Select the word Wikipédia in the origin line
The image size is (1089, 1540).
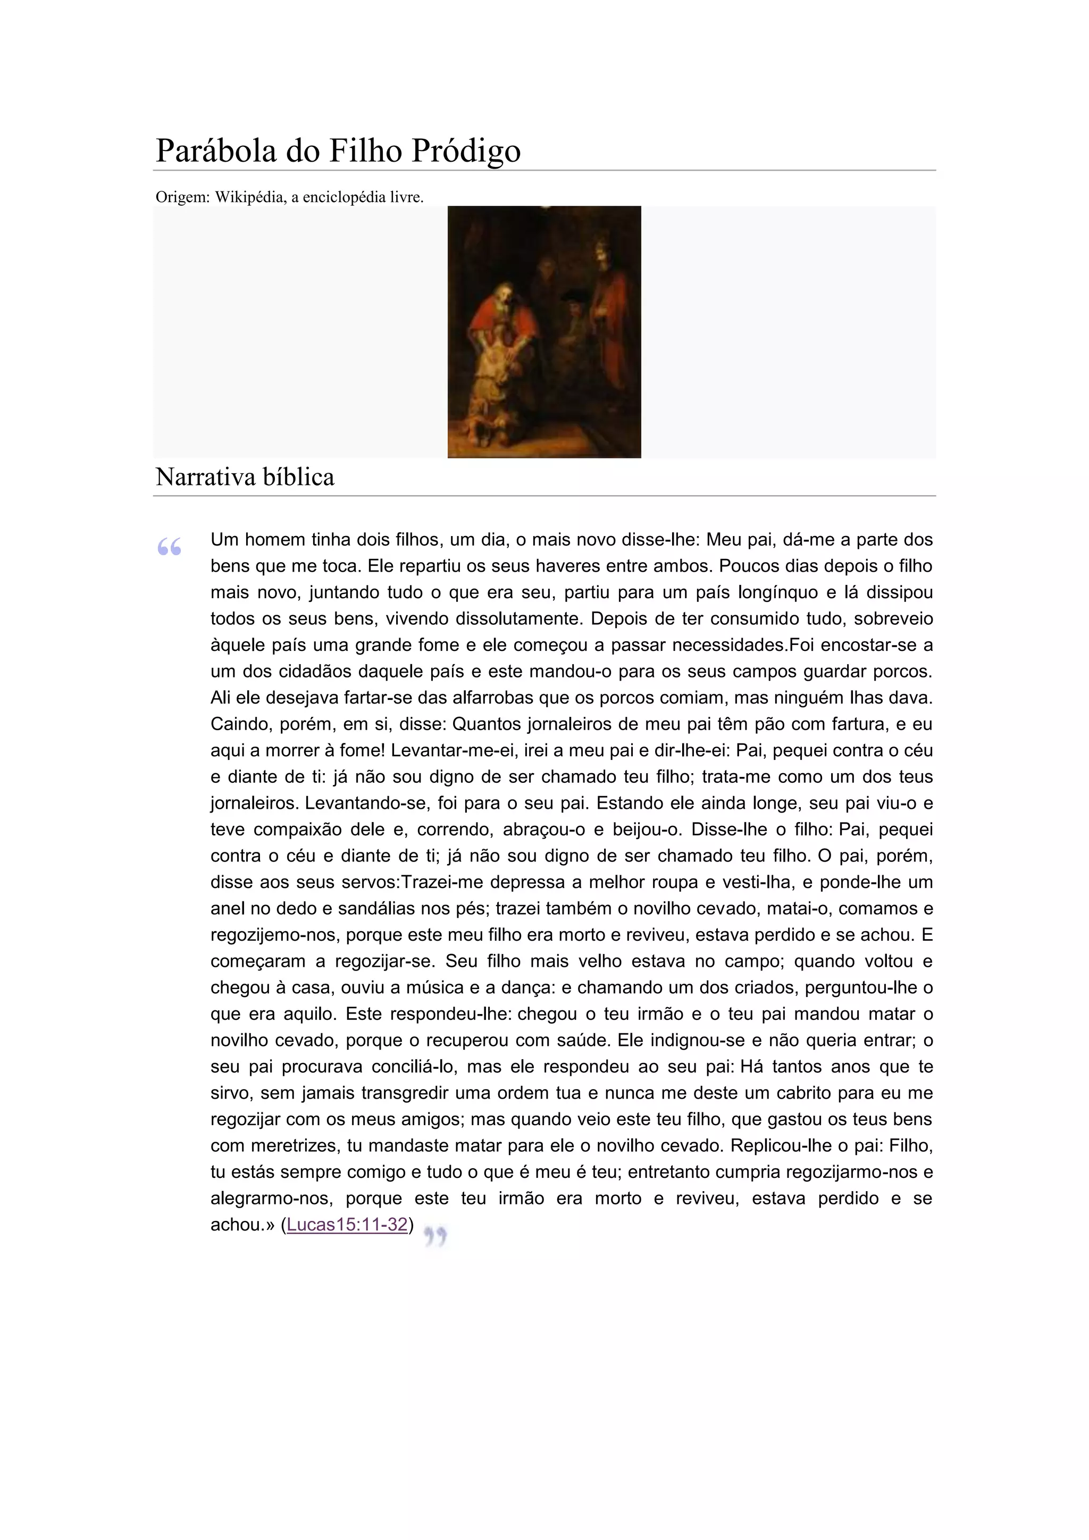click(x=250, y=197)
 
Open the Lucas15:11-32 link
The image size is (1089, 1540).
click(x=347, y=1224)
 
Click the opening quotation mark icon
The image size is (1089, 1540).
click(x=170, y=547)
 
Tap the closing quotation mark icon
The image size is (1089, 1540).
click(x=435, y=1235)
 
